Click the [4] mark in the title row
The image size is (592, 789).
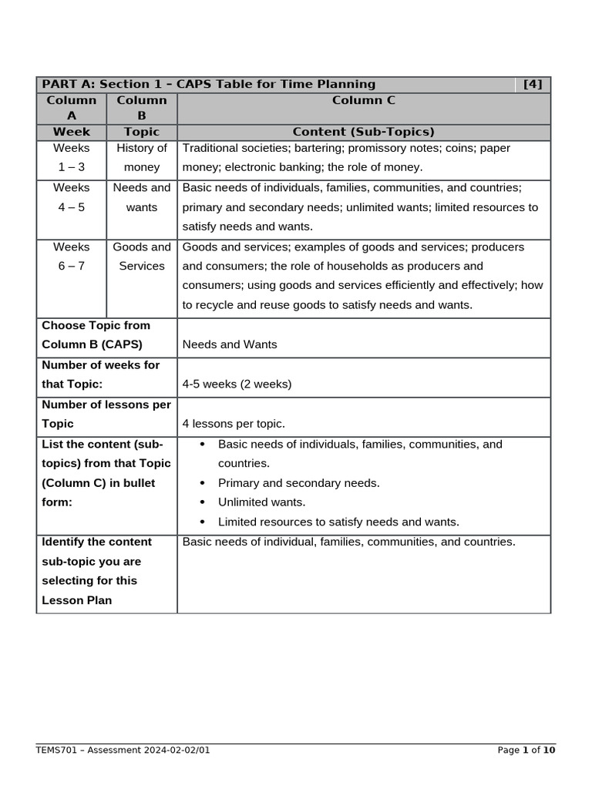point(533,85)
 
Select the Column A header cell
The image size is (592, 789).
point(72,109)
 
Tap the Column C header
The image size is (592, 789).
point(363,100)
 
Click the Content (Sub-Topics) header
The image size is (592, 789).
point(363,132)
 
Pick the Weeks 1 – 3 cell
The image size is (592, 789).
point(72,157)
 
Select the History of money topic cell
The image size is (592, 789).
point(142,157)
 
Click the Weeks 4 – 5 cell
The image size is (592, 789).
point(72,197)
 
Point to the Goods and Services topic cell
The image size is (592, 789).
point(142,257)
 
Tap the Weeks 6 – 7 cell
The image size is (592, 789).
point(72,257)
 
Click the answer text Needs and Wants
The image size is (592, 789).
point(230,344)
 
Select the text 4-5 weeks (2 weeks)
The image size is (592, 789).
point(237,384)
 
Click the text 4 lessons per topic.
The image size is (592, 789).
point(234,424)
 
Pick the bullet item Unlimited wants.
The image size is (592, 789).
point(261,502)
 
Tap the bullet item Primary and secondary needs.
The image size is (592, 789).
point(298,483)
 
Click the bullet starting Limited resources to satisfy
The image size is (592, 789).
point(338,522)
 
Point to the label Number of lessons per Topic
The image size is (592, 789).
point(106,414)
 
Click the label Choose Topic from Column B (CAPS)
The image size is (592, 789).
point(96,335)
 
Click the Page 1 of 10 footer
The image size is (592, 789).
point(526,750)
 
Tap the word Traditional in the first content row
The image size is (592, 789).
point(209,148)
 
